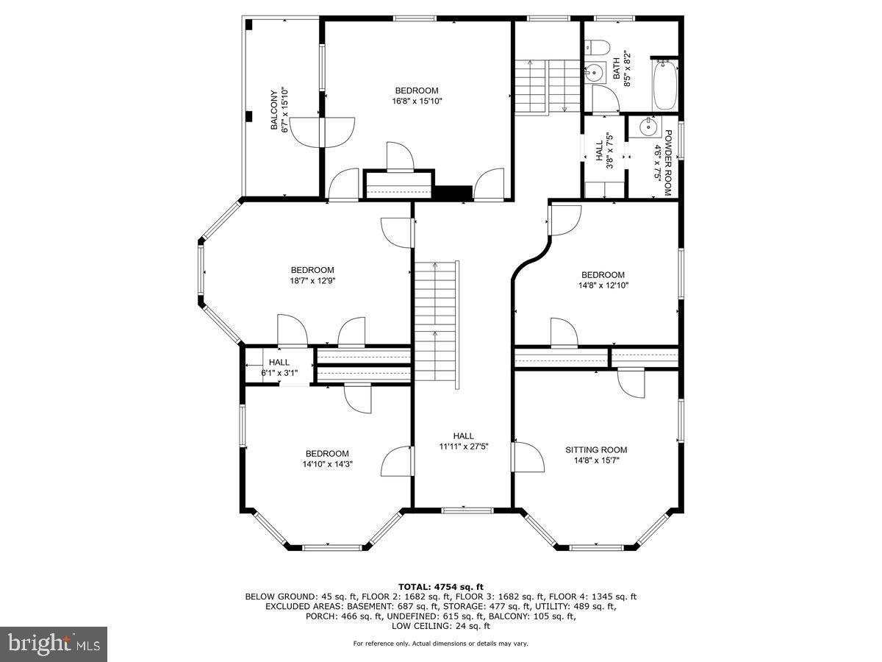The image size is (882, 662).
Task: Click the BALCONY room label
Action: [x=274, y=110]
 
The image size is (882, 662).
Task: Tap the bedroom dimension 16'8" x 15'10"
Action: [x=417, y=102]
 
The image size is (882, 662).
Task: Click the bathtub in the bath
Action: [x=664, y=85]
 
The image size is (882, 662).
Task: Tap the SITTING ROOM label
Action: [x=596, y=449]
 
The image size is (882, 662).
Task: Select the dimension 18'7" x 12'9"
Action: [x=312, y=280]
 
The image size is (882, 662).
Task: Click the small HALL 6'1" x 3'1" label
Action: [x=279, y=368]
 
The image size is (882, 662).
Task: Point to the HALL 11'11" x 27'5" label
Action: [x=464, y=441]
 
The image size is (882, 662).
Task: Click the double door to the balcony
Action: [x=323, y=130]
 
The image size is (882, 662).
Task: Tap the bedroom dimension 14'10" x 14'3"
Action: [x=327, y=464]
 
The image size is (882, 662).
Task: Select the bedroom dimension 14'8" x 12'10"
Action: [x=603, y=285]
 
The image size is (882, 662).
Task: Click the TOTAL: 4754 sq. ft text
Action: [x=440, y=586]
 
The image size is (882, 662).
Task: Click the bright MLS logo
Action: [x=54, y=644]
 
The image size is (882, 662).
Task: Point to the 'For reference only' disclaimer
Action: [x=440, y=644]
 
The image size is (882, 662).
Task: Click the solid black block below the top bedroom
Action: [x=452, y=192]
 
